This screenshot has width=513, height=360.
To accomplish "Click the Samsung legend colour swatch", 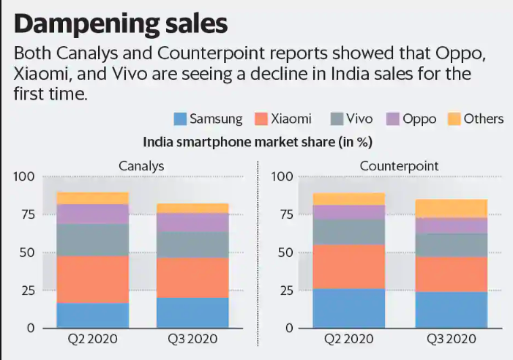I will (179, 119).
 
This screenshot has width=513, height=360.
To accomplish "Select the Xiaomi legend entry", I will (282, 119).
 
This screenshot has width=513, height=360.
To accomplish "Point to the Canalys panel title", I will (141, 166).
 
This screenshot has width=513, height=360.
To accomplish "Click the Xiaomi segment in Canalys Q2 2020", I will (93, 279).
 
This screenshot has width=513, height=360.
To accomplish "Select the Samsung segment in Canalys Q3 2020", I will (192, 312).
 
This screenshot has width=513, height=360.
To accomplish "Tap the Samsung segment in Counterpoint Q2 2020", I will (348, 308).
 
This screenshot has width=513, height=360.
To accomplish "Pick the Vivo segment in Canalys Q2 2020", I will (93, 239).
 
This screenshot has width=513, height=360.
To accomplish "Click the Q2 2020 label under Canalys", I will (92, 340).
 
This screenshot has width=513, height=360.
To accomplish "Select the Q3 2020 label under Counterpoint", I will (451, 340).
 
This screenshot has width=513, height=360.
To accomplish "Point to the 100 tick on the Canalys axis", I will (24, 177).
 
